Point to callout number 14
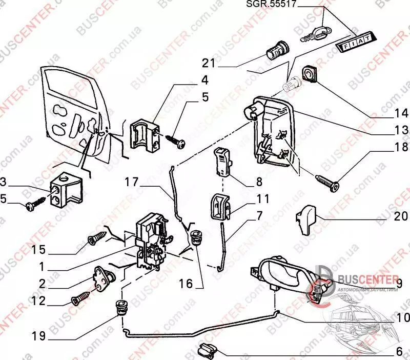[391, 112]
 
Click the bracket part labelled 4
[143, 134]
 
